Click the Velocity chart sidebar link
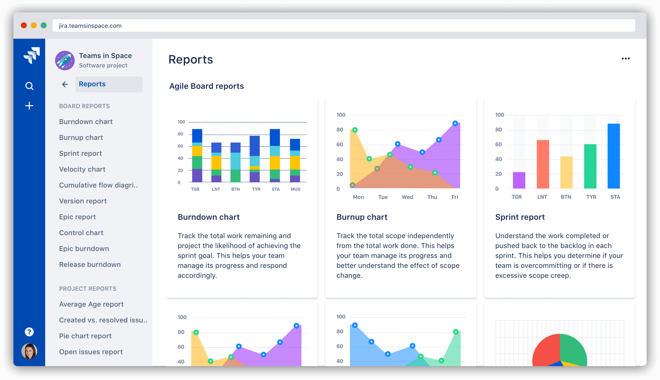tap(82, 169)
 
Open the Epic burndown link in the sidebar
tap(84, 249)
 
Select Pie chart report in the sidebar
tap(85, 336)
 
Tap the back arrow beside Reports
tap(65, 84)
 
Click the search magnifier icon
tap(29, 86)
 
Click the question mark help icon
tap(29, 332)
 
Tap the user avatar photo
tap(29, 351)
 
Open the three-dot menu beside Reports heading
tap(626, 59)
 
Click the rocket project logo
tap(65, 60)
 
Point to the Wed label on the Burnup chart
tap(407, 197)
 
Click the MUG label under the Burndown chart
tap(296, 189)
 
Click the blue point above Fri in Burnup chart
tap(455, 123)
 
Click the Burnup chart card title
tap(362, 217)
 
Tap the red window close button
tap(24, 25)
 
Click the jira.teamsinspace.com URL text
tap(90, 26)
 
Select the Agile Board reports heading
tap(206, 86)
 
